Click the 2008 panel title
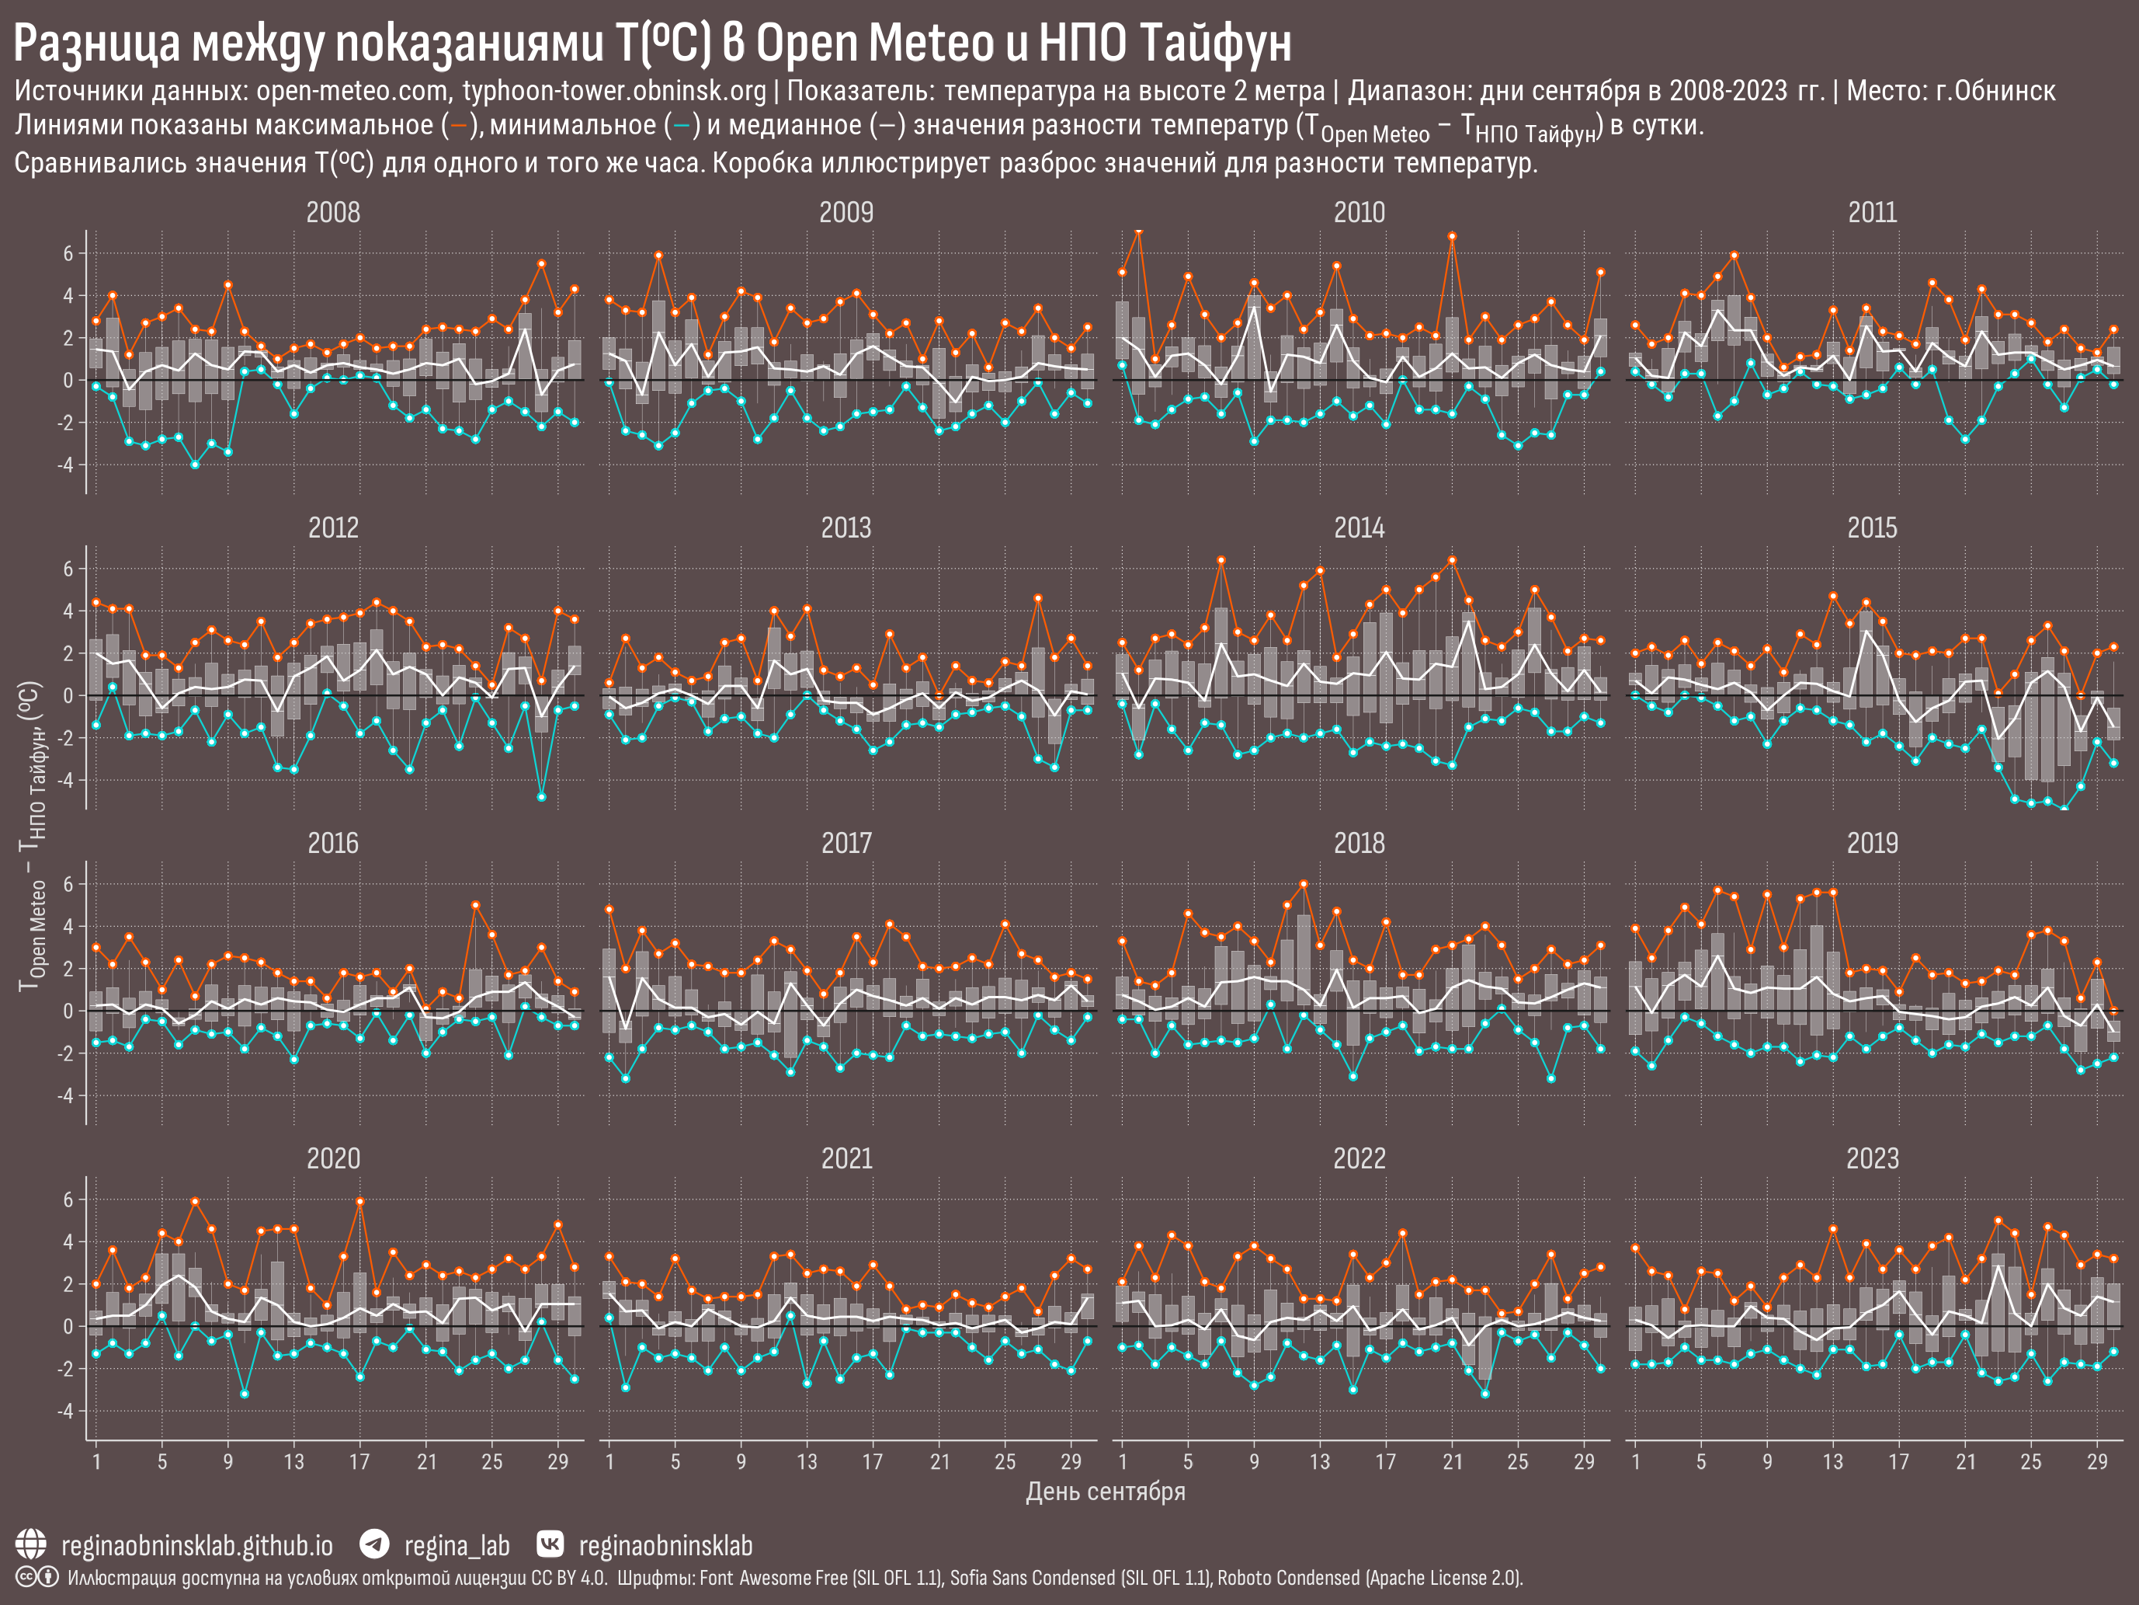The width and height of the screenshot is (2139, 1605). click(x=332, y=213)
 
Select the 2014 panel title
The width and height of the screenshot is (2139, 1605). click(x=1359, y=528)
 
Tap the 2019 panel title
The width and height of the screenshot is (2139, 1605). click(x=1872, y=844)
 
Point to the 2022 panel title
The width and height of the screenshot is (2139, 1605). click(x=1359, y=1159)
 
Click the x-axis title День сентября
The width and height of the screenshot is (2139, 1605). click(x=1106, y=1492)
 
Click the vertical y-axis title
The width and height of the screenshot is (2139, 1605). click(x=32, y=836)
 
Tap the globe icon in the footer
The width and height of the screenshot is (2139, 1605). click(x=31, y=1545)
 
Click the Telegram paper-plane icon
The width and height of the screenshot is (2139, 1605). click(x=374, y=1544)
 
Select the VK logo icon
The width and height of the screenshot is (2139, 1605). click(x=550, y=1544)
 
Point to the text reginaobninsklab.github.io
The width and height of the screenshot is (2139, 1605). click(x=197, y=1546)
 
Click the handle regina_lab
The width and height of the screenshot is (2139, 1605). click(x=457, y=1546)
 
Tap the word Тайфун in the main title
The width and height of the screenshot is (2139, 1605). click(x=1214, y=44)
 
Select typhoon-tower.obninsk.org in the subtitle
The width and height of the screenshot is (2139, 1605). click(x=614, y=92)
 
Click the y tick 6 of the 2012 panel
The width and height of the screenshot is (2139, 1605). click(x=68, y=569)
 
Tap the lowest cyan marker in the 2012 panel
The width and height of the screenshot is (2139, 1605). click(x=541, y=797)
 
